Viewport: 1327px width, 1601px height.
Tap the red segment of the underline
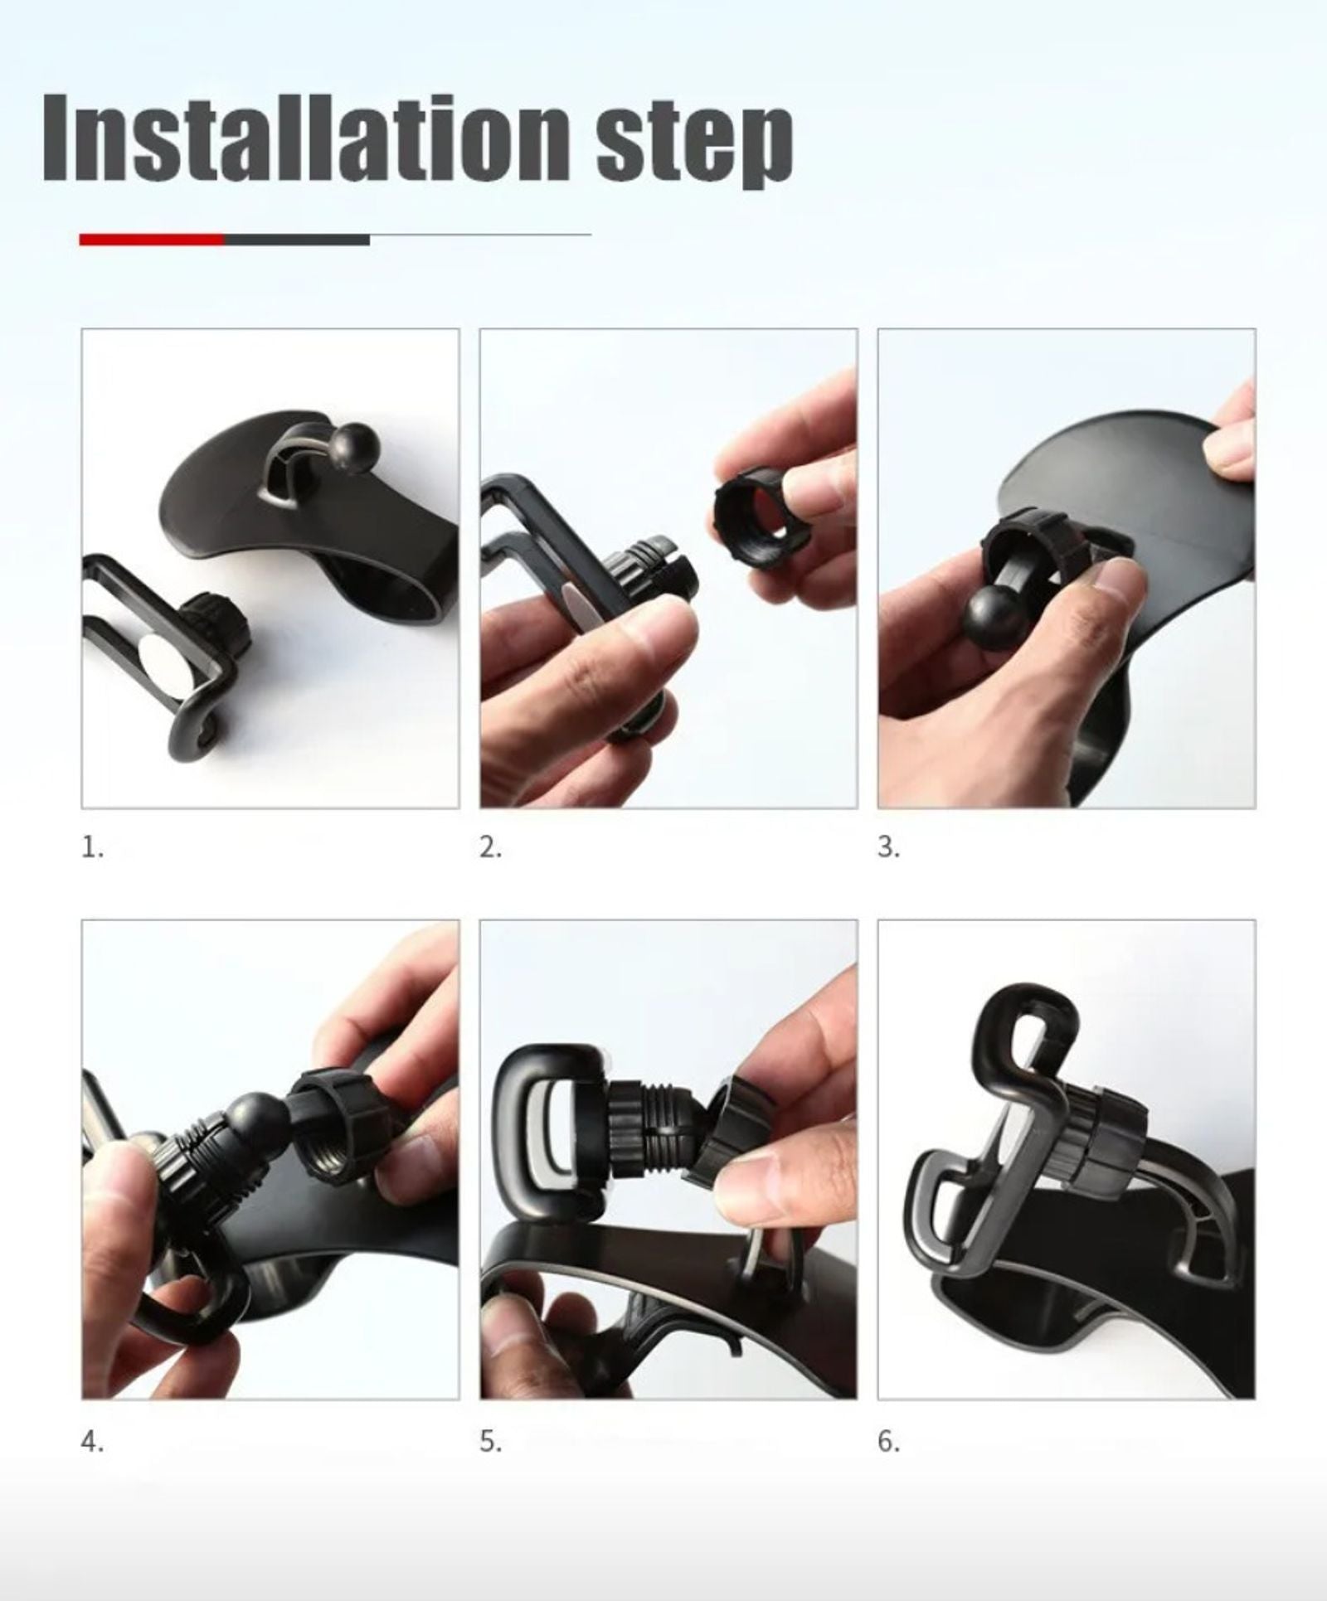151,240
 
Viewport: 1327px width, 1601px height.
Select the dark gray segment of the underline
296,240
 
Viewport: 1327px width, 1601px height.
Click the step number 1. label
92,847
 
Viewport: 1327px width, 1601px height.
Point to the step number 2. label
490,847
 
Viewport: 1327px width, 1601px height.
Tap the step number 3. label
888,847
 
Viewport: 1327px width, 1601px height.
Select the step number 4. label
92,1442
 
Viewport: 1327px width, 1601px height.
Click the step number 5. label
490,1442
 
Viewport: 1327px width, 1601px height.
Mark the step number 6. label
888,1442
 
